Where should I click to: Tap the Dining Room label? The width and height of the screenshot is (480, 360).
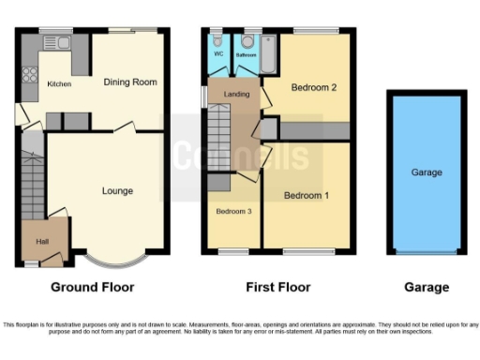point(129,82)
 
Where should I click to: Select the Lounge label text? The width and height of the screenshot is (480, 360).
point(117,191)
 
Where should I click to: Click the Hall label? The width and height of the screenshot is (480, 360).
point(42,241)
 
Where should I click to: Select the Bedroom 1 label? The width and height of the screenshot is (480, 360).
point(307,196)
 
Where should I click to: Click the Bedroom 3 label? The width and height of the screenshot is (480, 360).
point(233,211)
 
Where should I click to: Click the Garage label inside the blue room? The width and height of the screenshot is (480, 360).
point(427,172)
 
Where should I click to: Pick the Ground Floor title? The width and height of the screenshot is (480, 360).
point(92,288)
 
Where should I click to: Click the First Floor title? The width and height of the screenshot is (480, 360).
point(278,288)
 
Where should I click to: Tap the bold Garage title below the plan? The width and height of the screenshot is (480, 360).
point(427,288)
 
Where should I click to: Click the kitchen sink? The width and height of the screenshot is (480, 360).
point(63,42)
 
